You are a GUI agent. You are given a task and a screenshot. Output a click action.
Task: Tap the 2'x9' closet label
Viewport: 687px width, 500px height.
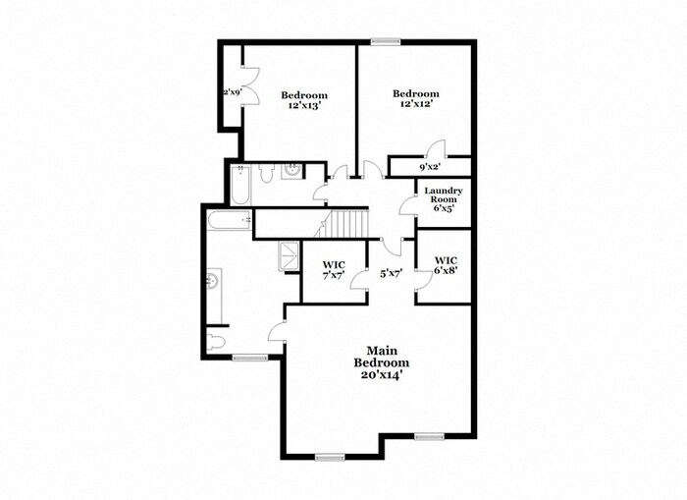(x=231, y=92)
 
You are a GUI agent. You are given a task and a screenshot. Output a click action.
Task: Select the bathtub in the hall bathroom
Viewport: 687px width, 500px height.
(x=240, y=182)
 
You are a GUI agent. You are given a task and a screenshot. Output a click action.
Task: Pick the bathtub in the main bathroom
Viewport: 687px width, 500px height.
(x=230, y=220)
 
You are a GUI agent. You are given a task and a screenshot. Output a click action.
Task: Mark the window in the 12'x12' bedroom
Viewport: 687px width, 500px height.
(x=385, y=40)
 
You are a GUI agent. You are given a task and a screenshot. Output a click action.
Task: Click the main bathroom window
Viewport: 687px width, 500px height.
(x=250, y=358)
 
